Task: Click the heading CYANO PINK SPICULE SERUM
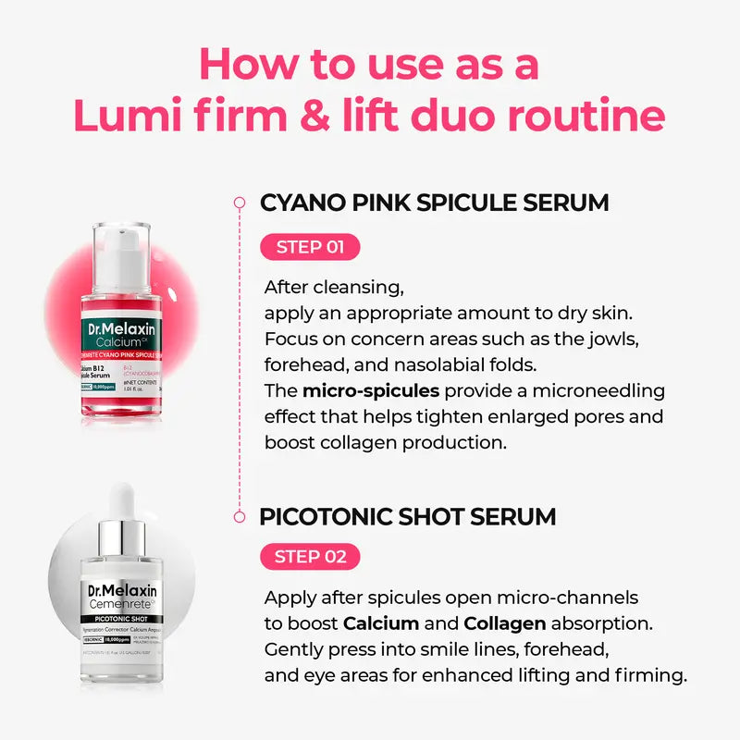(x=435, y=203)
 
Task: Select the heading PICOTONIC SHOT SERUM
(x=408, y=515)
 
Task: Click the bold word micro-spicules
(x=361, y=390)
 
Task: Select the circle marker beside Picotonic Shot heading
(x=239, y=515)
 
